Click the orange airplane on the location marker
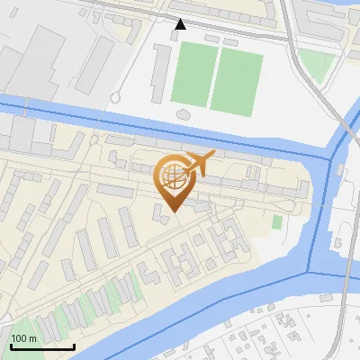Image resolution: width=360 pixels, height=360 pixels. (x=201, y=164)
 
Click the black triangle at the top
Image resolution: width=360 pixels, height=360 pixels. (x=180, y=24)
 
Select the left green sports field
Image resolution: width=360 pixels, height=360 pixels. (x=190, y=74)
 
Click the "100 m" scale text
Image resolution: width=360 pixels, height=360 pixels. (x=24, y=338)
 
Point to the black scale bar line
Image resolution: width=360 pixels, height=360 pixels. (x=41, y=346)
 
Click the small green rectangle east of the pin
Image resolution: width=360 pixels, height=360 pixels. (x=277, y=221)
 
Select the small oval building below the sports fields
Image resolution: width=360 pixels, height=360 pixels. (x=184, y=114)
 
